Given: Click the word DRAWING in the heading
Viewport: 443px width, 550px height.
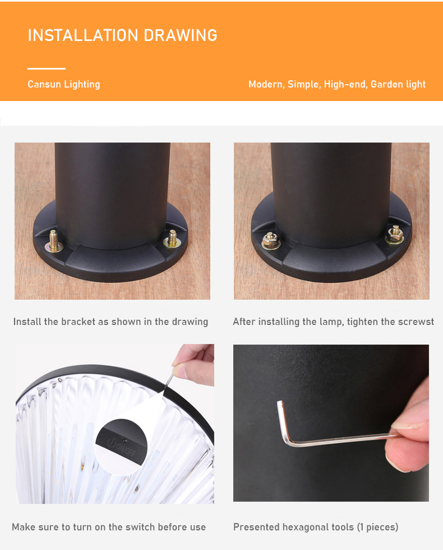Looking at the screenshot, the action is click(181, 35).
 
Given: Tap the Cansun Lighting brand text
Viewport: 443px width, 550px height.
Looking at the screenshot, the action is click(64, 84).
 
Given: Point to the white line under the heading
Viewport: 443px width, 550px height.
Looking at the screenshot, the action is click(47, 68).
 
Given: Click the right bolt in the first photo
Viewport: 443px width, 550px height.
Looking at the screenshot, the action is click(172, 239).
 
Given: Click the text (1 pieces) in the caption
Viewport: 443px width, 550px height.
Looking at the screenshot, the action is click(378, 527).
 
